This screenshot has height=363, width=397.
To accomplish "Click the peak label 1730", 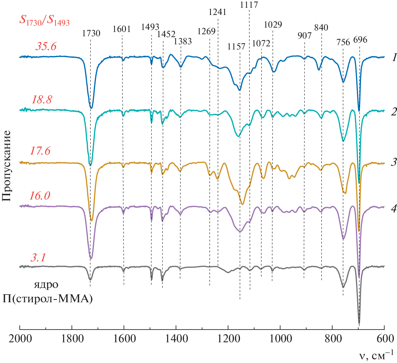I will [91, 33].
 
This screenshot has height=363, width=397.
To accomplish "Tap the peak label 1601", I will [122, 29].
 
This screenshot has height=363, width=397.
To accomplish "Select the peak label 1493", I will [150, 27].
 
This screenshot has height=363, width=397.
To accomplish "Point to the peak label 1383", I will [183, 41].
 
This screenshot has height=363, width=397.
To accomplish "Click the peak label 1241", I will [218, 12].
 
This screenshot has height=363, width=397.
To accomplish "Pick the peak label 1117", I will [249, 5].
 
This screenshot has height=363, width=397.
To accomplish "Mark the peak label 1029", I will [273, 25].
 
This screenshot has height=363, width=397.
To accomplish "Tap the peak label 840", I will [321, 28].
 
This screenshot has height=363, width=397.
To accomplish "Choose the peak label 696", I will [360, 40].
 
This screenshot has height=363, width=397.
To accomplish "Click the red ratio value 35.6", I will [46, 46].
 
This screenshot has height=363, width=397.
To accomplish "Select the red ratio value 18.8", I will [42, 100].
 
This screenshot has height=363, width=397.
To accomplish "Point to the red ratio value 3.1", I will [38, 257].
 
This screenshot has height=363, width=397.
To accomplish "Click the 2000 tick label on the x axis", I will [20, 339].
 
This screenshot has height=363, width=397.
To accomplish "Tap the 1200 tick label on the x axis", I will [228, 339].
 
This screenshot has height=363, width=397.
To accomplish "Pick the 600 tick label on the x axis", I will [384, 339].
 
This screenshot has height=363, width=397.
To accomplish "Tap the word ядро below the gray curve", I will [46, 285].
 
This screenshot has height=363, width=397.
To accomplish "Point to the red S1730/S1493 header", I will [44, 21].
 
